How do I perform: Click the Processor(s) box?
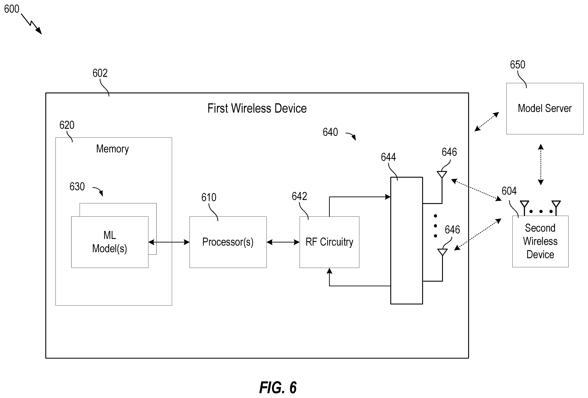(228, 242)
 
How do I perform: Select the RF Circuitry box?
(329, 242)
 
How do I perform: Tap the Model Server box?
(545, 109)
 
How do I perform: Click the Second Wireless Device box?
(540, 241)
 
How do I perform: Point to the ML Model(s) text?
(109, 242)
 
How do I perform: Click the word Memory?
(112, 149)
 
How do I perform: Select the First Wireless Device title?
(257, 108)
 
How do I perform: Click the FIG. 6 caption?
(278, 387)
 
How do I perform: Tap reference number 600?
(12, 9)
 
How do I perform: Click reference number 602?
(100, 73)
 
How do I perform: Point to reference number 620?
(67, 125)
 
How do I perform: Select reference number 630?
(77, 187)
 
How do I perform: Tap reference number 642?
(299, 196)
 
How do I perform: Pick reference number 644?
(388, 157)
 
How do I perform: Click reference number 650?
(517, 65)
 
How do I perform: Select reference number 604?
(509, 191)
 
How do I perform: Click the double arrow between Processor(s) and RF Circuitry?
(283, 242)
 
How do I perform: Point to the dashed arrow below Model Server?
(541, 165)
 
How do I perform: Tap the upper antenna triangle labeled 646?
(442, 174)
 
